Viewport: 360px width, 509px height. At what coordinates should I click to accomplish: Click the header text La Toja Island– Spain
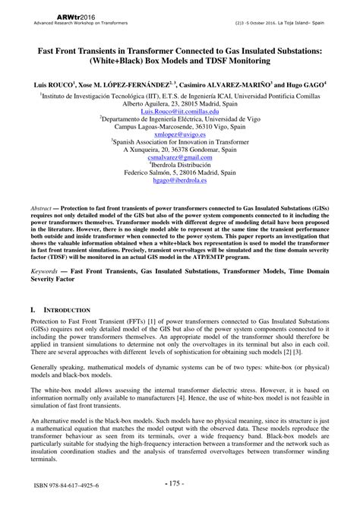click(304, 22)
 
